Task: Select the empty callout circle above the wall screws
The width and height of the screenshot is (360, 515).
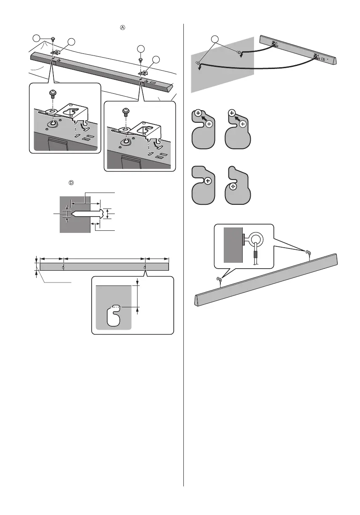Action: (x=216, y=40)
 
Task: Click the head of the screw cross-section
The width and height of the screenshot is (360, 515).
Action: (x=101, y=214)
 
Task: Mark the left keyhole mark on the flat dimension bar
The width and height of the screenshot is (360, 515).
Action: (x=63, y=267)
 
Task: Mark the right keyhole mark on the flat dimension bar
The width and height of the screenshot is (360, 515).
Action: (x=145, y=267)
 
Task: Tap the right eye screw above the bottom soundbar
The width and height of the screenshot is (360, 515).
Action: (x=308, y=253)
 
